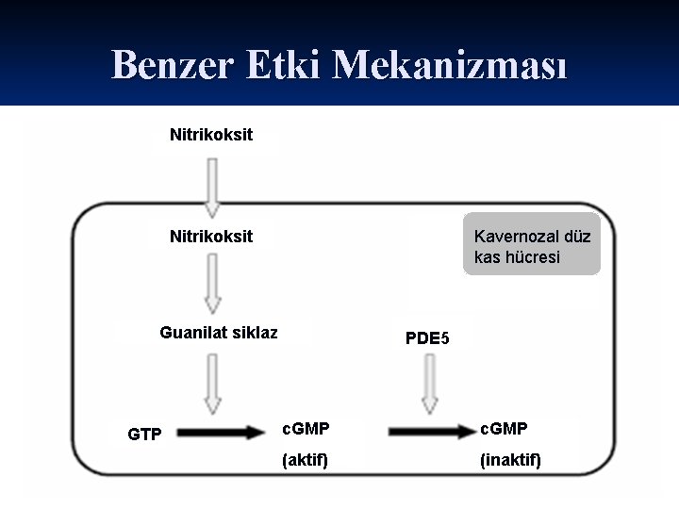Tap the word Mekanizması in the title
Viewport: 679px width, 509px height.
pos(451,64)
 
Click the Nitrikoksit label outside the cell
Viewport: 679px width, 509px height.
pos(211,135)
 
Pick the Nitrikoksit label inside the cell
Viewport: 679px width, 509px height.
pos(211,236)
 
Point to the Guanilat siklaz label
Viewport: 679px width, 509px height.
pos(219,332)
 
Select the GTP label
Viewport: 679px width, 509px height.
pos(144,435)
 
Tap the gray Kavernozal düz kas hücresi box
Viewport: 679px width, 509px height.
pos(532,246)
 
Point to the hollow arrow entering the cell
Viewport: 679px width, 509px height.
pos(212,187)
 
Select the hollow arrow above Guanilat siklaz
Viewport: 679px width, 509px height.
pos(212,284)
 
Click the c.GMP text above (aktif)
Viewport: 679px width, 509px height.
pos(306,429)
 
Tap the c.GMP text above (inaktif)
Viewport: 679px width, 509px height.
pos(504,429)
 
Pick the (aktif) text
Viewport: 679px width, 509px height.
pos(305,460)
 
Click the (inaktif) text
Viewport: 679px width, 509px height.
pos(510,460)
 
